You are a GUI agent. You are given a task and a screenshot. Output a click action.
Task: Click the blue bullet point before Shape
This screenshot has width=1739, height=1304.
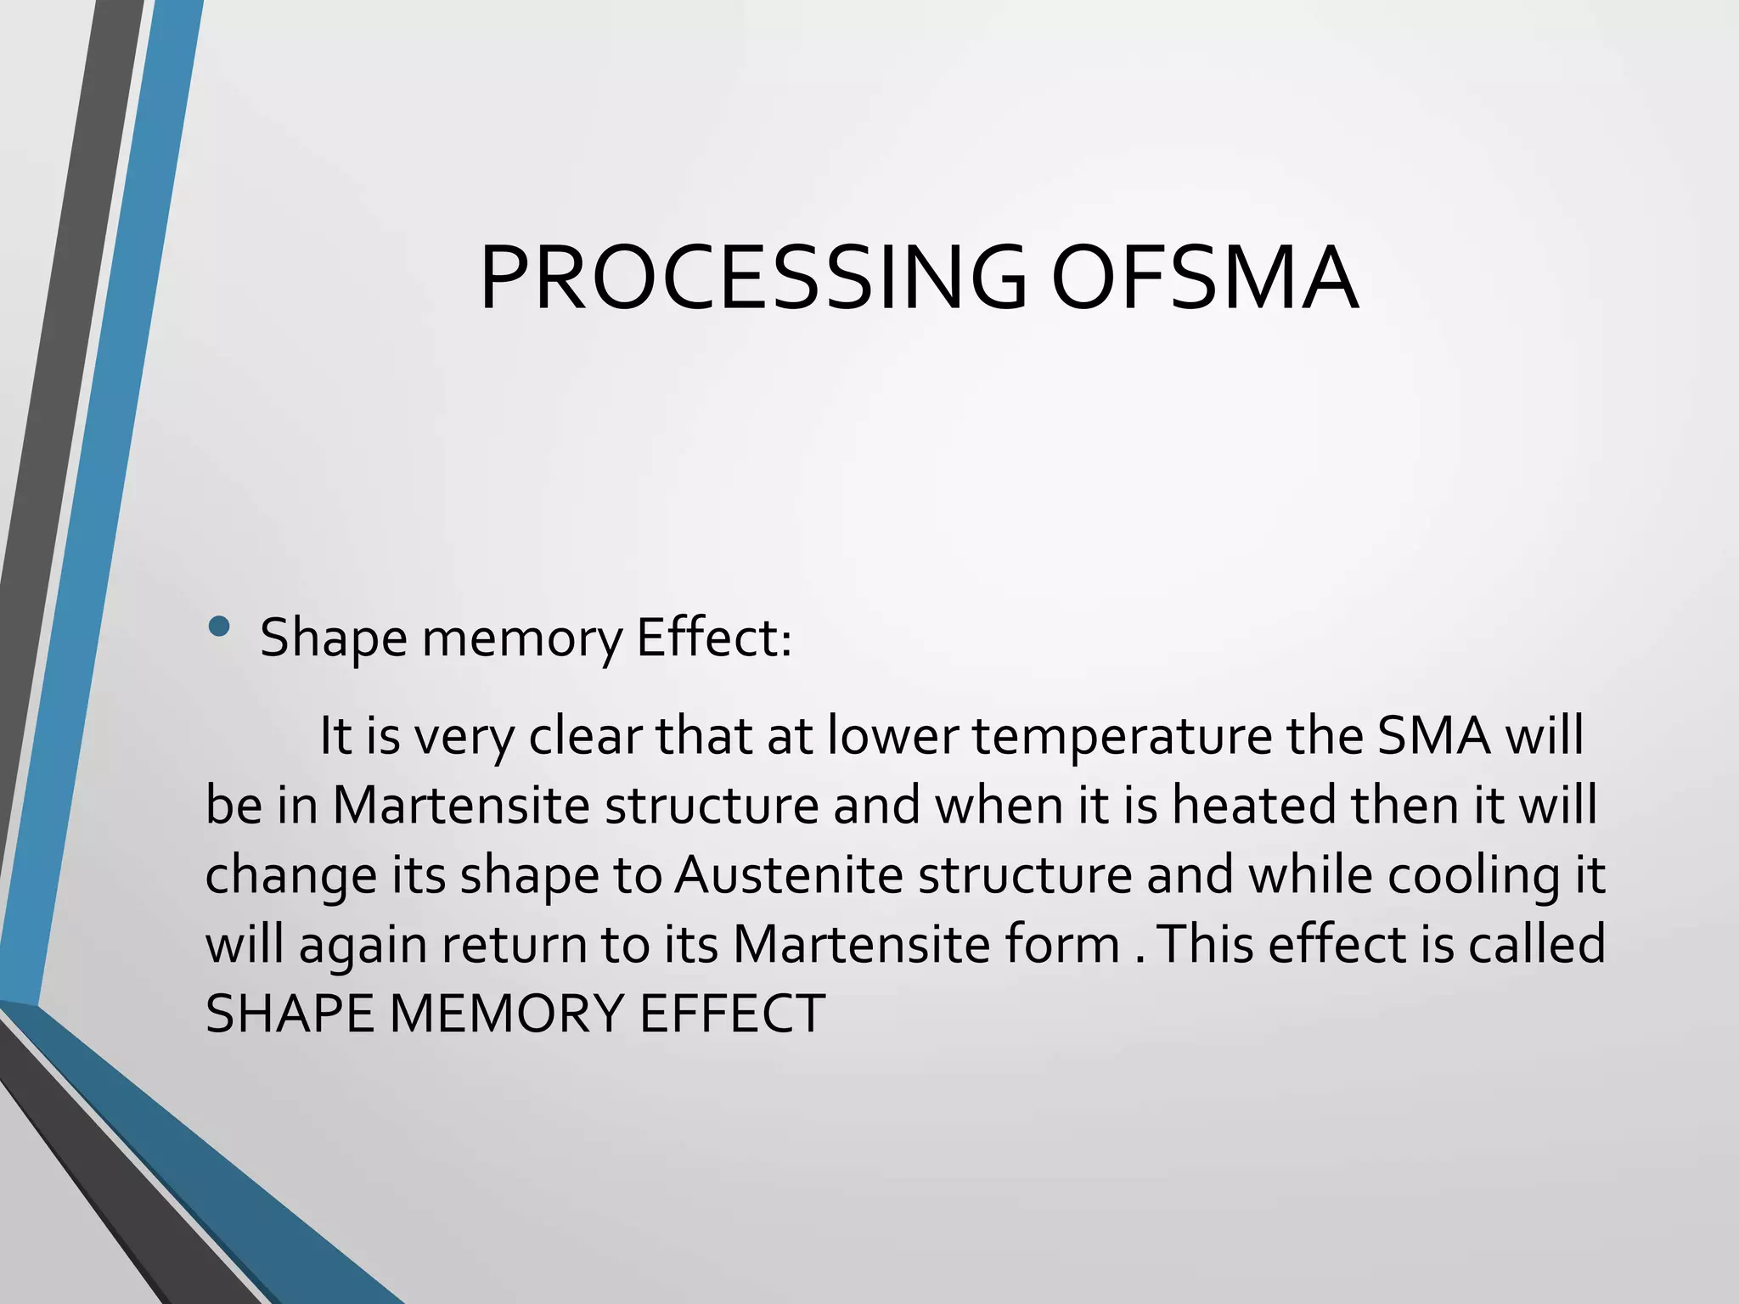click(x=219, y=627)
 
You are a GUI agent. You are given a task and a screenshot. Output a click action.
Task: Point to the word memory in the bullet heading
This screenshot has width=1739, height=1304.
click(x=521, y=638)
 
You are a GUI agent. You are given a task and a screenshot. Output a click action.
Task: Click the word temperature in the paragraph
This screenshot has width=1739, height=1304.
click(x=1122, y=735)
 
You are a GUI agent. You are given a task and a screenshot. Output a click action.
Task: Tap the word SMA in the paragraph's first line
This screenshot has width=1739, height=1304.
click(x=1433, y=735)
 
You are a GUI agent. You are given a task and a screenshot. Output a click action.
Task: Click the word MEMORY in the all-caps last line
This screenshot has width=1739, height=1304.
click(x=506, y=1014)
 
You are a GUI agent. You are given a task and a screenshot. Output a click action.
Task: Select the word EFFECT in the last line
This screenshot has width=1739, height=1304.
click(x=731, y=1014)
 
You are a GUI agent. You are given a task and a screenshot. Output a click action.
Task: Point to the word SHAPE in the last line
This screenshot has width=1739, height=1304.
click(x=290, y=1014)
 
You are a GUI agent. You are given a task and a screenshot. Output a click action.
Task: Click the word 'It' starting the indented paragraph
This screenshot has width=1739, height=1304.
click(x=335, y=735)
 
